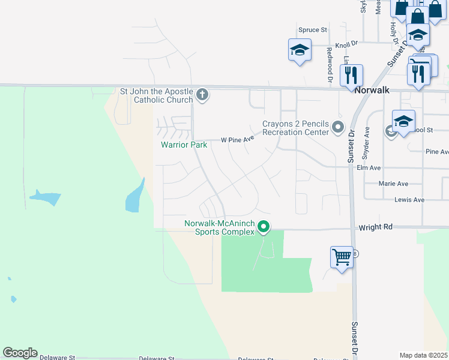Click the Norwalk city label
pos(372,89)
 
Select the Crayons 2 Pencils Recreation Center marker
pos(338,127)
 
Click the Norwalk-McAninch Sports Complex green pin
pos(263,227)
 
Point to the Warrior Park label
pos(184,145)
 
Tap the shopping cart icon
pos(342,257)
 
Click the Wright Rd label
pos(375,227)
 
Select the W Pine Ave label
pos(238,139)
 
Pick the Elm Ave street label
pos(369,168)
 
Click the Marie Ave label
pos(393,184)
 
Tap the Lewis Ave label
pos(409,200)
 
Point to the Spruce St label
pos(312,29)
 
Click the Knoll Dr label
pos(346,44)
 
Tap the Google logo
pos(20,353)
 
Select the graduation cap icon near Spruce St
pos(299,50)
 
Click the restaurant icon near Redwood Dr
pos(351,75)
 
